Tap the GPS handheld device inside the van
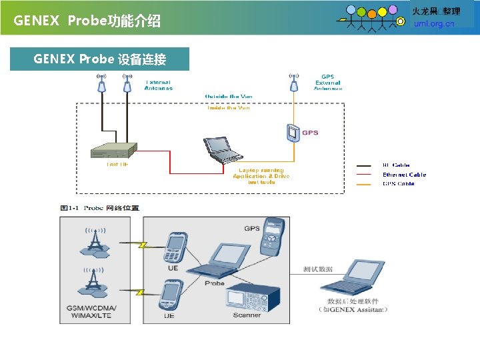tap(292, 133)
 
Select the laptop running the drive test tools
tap(223, 149)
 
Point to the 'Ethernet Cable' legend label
tap(404, 175)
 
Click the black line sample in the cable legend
tap(365, 165)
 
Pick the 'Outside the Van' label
tap(229, 97)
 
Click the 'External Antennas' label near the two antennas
tap(159, 85)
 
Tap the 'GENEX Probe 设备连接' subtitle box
tap(100, 59)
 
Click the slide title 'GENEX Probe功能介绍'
tap(87, 21)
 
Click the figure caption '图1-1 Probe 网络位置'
tap(100, 208)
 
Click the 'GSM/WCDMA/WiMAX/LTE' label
tap(91, 312)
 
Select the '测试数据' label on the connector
tap(317, 269)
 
